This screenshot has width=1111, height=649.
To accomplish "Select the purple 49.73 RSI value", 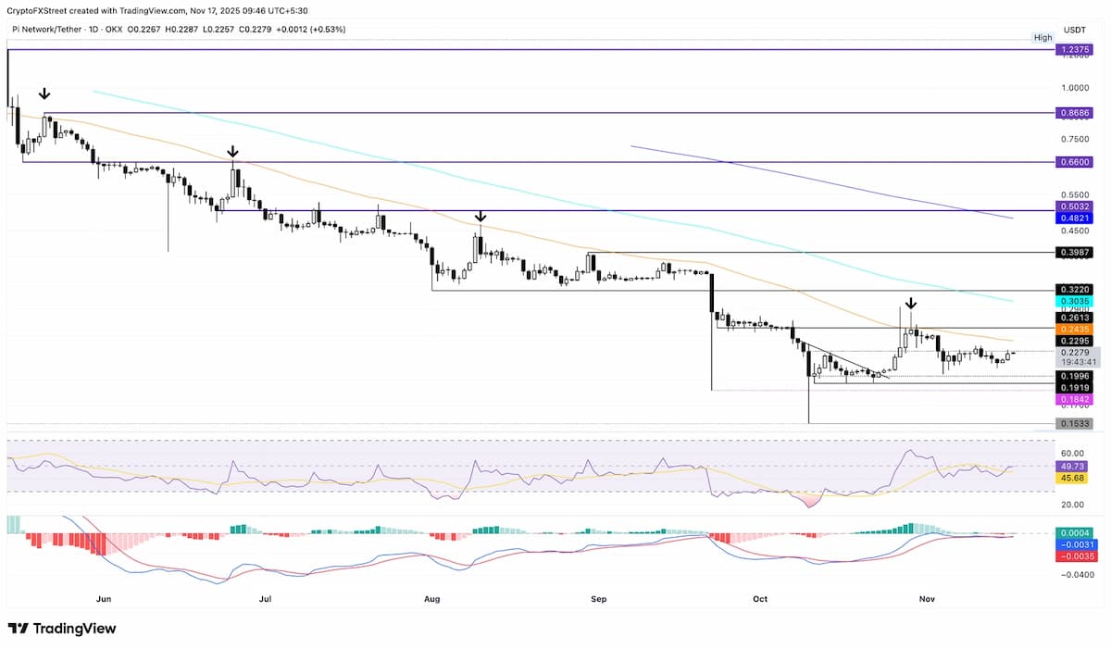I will click(1071, 467).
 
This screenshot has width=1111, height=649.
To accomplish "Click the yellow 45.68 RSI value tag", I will click(1071, 478).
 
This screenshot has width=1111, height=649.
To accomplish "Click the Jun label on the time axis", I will click(104, 599).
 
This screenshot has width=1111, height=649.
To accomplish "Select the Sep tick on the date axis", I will click(598, 599).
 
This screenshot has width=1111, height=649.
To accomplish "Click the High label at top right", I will click(1042, 38).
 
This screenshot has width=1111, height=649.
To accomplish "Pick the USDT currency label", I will click(1074, 30).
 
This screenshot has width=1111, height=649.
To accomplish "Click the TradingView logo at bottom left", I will click(62, 629).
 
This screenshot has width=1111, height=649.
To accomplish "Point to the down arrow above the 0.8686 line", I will click(44, 94).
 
